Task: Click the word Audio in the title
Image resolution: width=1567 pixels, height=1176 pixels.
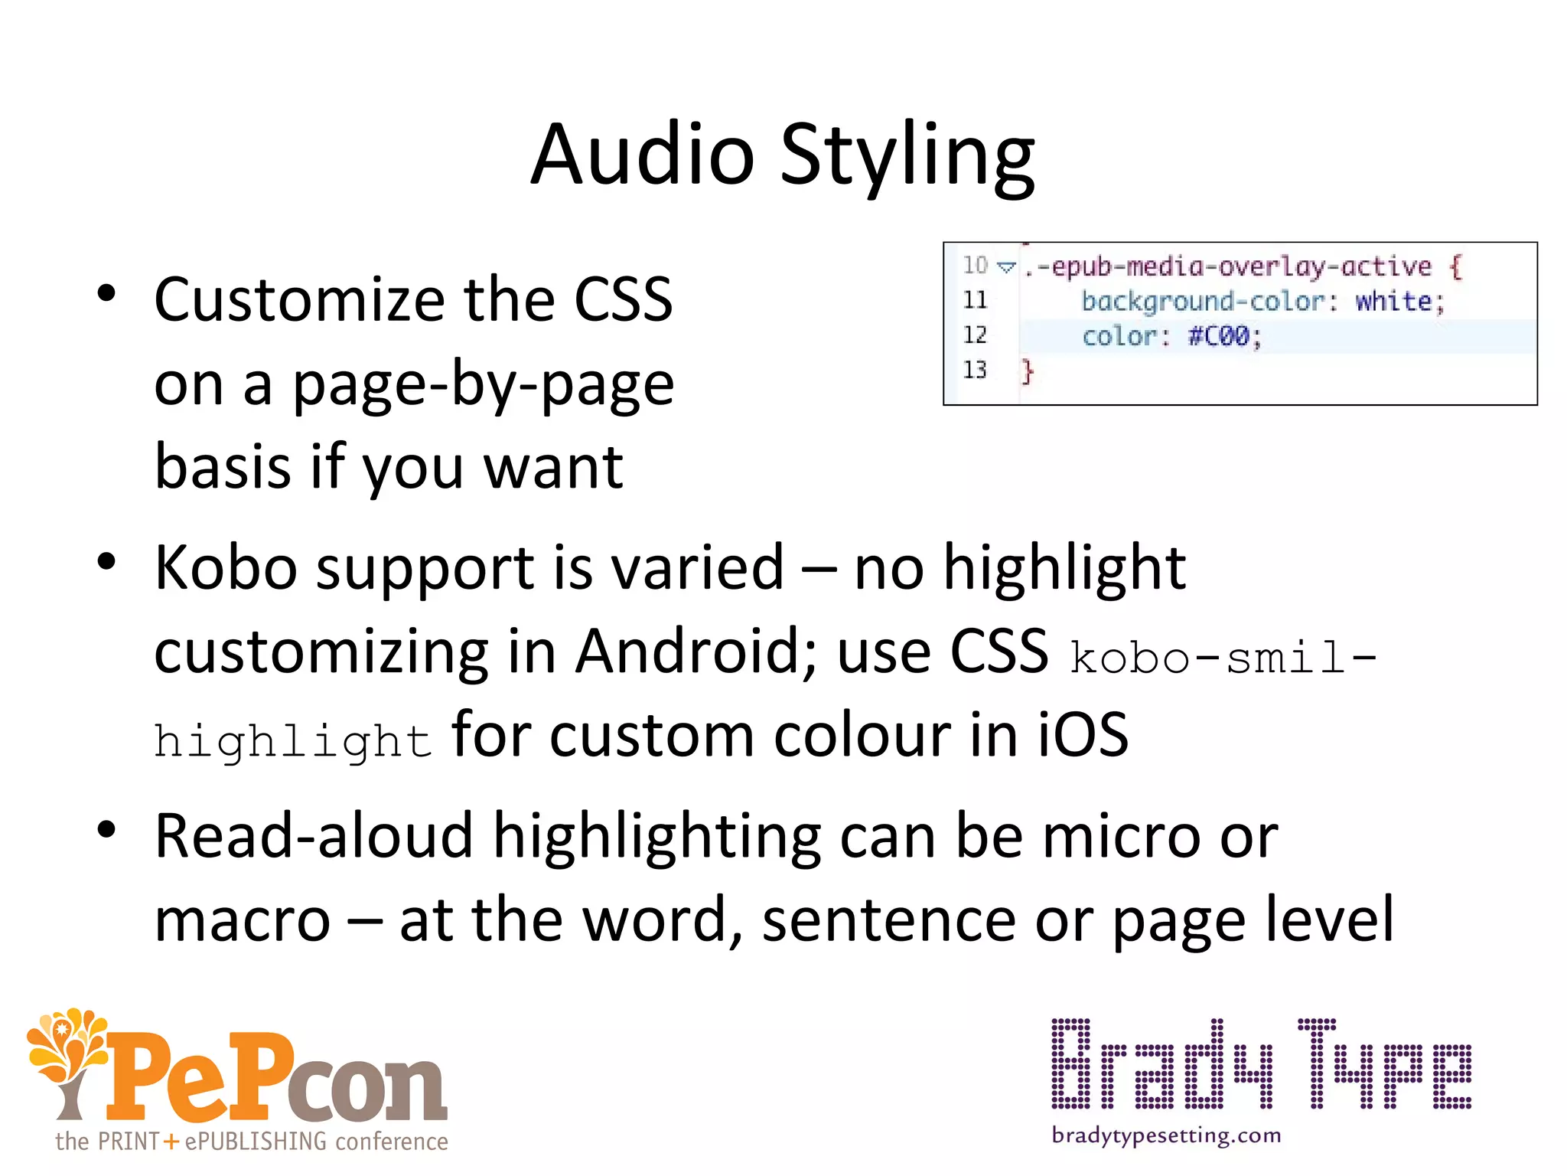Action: (x=643, y=155)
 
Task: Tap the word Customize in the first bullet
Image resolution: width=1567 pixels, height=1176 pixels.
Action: (x=298, y=300)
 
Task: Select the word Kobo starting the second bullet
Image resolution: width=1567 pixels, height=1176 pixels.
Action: (x=225, y=568)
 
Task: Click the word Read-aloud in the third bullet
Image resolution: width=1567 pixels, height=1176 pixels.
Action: (x=314, y=836)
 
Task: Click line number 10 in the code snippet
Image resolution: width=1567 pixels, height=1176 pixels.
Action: (x=975, y=266)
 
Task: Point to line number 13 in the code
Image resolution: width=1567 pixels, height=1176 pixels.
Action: (x=975, y=371)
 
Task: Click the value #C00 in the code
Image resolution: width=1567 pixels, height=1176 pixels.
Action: (x=1218, y=336)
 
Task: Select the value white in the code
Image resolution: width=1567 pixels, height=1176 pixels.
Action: (x=1393, y=301)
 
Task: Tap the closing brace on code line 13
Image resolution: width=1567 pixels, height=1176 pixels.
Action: (x=1028, y=372)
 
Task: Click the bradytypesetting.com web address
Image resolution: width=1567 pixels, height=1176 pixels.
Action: (x=1166, y=1135)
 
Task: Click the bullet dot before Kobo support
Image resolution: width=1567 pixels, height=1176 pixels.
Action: (x=106, y=563)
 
